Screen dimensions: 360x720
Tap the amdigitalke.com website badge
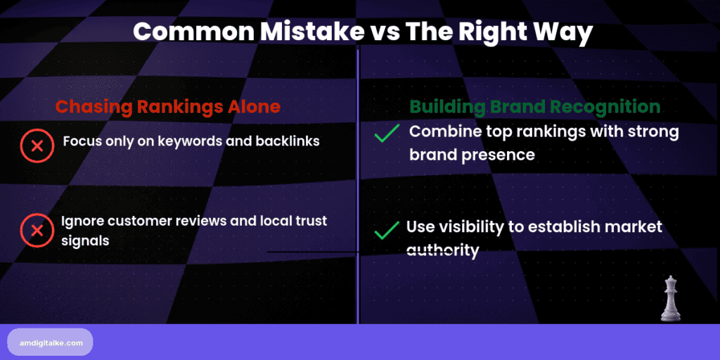[x=50, y=342]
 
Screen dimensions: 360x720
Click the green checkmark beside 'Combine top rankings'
[x=387, y=133]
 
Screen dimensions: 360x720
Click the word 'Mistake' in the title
[x=297, y=32]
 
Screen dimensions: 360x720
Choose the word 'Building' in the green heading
[x=444, y=107]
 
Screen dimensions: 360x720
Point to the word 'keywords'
[x=191, y=141]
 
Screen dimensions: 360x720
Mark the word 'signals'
[x=85, y=240]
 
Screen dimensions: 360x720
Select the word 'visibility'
[x=470, y=228]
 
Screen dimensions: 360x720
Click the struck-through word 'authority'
[x=442, y=250]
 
